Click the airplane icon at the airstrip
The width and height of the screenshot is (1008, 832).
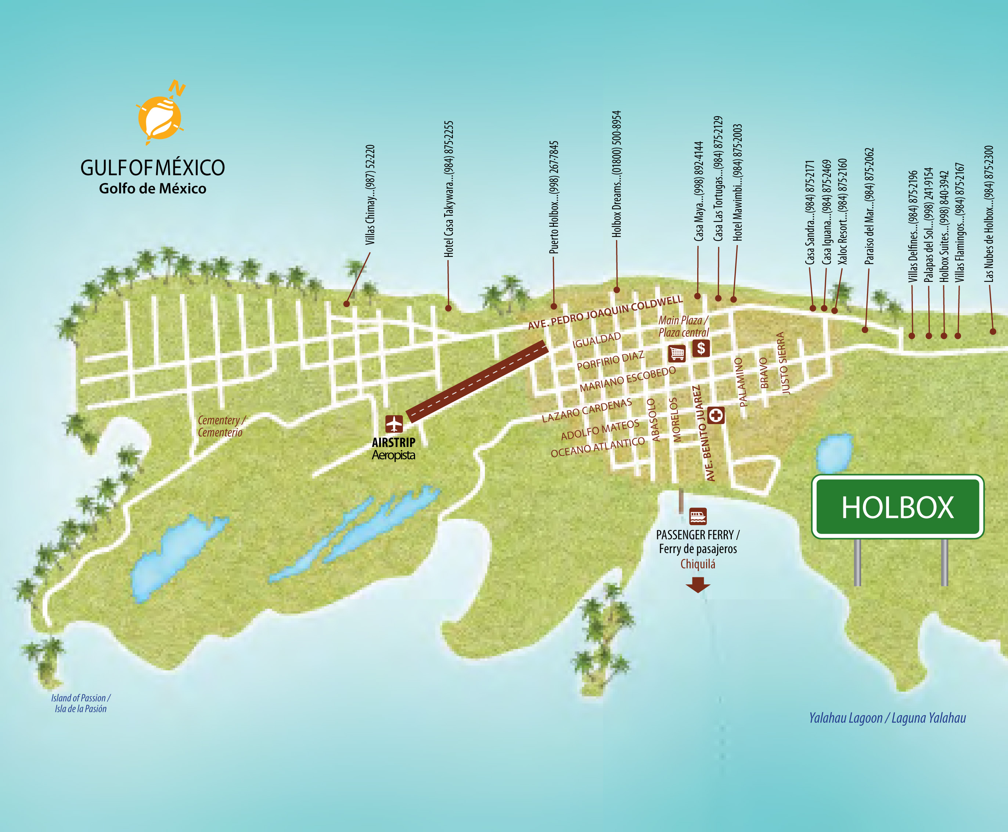tap(394, 424)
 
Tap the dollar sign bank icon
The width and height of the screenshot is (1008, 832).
tap(701, 348)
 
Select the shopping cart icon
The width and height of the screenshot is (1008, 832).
tap(677, 354)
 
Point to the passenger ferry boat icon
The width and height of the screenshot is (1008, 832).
tap(698, 517)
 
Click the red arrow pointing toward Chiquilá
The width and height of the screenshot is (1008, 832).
tap(698, 585)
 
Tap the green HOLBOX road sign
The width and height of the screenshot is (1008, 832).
tap(897, 507)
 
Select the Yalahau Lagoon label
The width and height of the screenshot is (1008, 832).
tap(887, 718)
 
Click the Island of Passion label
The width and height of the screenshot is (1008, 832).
tap(80, 703)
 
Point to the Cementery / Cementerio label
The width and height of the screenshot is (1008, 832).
tap(221, 426)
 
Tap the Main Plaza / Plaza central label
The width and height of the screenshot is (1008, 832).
tap(683, 326)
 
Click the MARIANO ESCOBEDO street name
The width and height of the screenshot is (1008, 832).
tap(627, 379)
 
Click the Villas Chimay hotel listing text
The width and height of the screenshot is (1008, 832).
tap(370, 195)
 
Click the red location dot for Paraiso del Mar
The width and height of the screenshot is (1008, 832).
tap(865, 330)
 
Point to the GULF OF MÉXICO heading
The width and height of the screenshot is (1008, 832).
tap(152, 168)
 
